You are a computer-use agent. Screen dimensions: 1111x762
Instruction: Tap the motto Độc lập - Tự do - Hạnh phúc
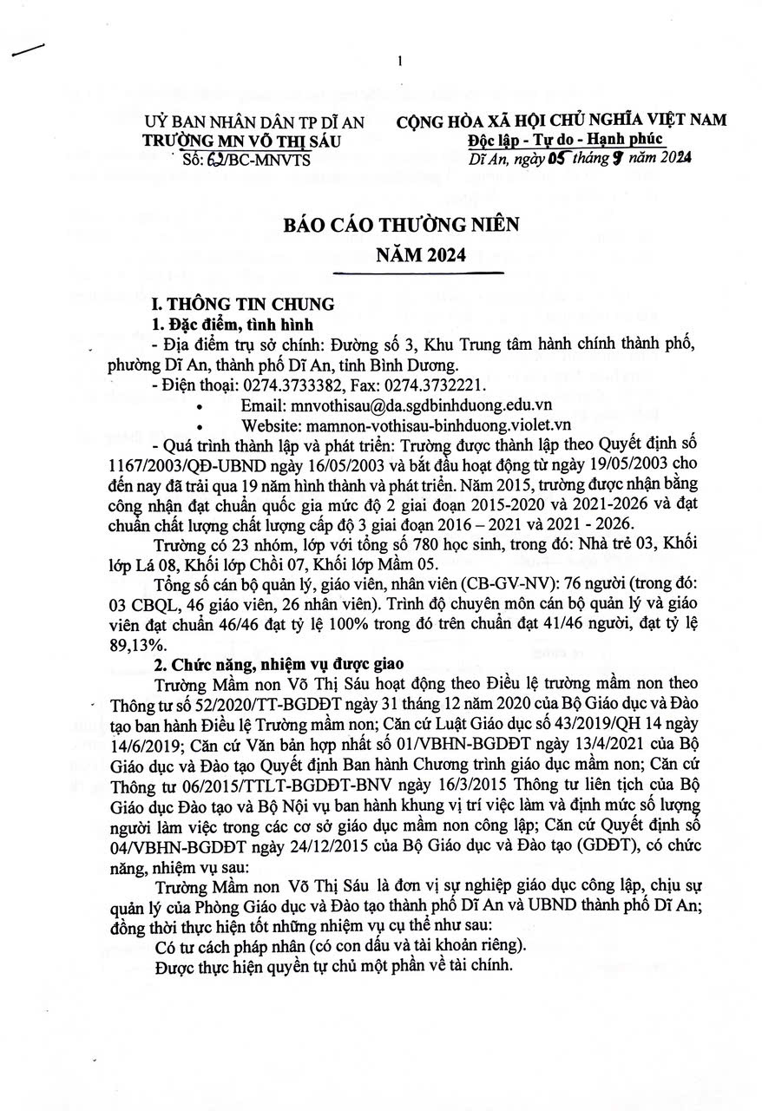click(x=564, y=140)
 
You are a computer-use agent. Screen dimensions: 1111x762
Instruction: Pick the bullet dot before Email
click(x=201, y=405)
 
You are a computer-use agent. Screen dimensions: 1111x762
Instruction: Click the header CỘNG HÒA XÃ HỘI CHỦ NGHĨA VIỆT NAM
click(x=562, y=122)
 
